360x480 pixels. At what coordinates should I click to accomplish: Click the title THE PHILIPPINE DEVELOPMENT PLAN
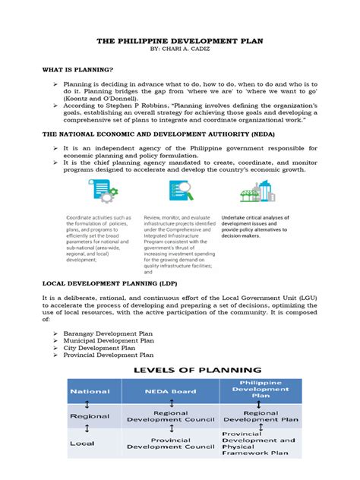tap(180, 45)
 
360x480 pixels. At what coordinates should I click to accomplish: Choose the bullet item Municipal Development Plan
tap(109, 341)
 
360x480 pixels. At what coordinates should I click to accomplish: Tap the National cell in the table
tap(90, 391)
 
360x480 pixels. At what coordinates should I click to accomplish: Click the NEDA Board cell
tap(169, 391)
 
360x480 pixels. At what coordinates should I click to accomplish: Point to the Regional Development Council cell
tap(169, 415)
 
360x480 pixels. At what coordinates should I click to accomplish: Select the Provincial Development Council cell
tap(169, 444)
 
